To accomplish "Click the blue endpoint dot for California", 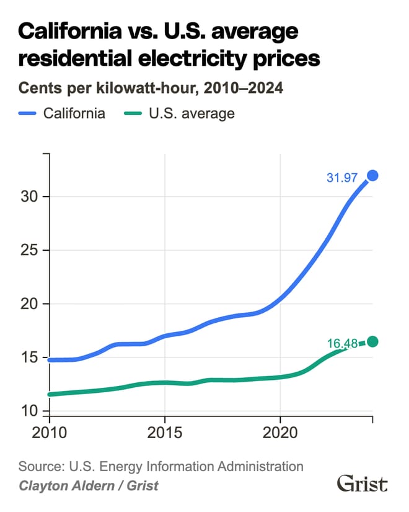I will [x=372, y=176].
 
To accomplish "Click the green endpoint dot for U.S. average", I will [x=372, y=341].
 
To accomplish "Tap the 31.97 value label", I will [x=342, y=178].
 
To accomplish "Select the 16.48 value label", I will [x=343, y=343].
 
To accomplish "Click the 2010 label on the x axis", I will [x=49, y=432].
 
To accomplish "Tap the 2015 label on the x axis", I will [x=165, y=432].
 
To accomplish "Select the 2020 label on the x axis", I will [x=280, y=432].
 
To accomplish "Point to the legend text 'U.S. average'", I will [x=191, y=114].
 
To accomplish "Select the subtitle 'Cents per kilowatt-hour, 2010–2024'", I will [x=151, y=88].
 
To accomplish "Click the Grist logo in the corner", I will [x=362, y=483].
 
